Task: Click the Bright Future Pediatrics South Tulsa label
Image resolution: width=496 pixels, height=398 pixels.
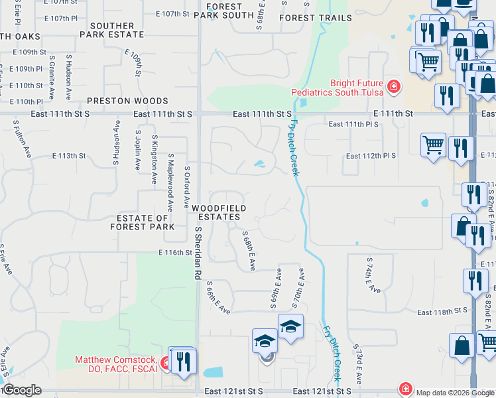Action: point(338,88)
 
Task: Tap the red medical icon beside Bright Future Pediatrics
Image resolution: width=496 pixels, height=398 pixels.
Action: point(393,86)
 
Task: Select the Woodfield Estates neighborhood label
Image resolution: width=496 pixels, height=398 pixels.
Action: point(219,213)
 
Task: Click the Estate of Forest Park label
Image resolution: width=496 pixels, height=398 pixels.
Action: point(143,222)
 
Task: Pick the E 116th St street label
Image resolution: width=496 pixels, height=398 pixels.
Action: point(174,253)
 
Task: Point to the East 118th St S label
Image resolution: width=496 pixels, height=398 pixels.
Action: point(442,310)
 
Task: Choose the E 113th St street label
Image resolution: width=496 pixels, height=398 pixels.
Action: point(69,156)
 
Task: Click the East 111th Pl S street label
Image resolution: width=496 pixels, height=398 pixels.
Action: point(353,124)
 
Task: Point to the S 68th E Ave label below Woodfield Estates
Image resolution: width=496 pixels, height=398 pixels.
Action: point(249,251)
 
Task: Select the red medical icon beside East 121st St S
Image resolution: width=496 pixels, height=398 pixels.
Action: point(404,389)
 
